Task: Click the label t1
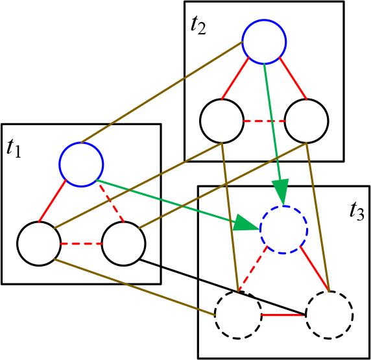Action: pos(14,149)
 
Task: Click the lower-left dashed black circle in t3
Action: pos(238,315)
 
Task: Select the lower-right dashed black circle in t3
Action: pos(329,315)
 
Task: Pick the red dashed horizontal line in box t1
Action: pos(81,244)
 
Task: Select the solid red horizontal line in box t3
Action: pos(283,315)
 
